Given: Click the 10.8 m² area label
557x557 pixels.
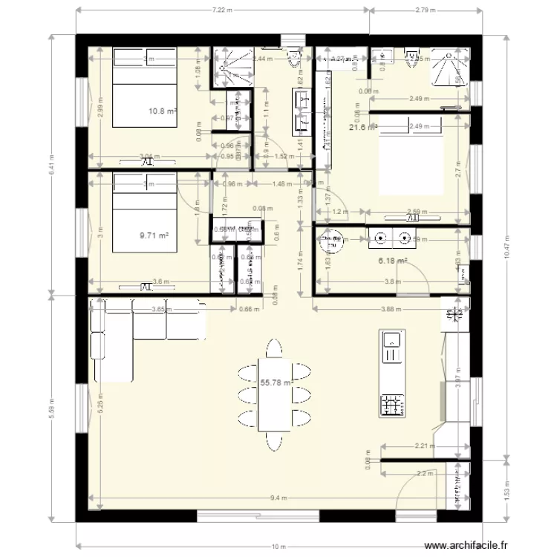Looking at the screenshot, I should (x=163, y=111).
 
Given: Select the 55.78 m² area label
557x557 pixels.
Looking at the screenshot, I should (x=274, y=383).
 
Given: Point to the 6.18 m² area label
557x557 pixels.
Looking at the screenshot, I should (x=392, y=261).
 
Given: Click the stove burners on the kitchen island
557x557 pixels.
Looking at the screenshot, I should (x=392, y=405).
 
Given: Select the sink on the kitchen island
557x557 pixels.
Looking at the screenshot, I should (x=391, y=342).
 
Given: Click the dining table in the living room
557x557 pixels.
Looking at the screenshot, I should (x=274, y=395).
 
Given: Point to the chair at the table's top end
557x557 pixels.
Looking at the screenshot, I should (x=274, y=348).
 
